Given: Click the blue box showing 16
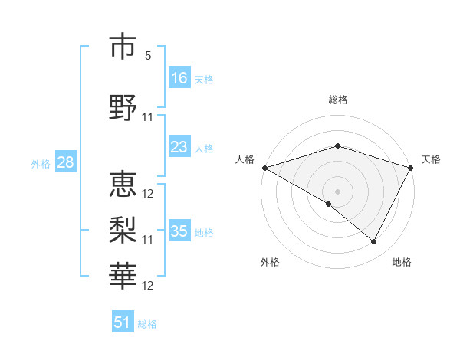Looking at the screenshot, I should point(179,78).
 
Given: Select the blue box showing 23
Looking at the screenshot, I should point(179,147).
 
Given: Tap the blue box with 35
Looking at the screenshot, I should point(179,231).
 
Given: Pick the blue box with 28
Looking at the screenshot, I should point(65,162).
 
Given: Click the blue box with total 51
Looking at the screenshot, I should point(123,322).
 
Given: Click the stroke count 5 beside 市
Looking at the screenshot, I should point(149,56).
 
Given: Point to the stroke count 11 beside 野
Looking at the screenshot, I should point(149,117).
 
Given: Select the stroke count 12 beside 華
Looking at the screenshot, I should point(149,286).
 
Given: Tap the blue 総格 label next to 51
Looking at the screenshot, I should point(147,324).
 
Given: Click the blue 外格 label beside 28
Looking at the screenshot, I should point(41,163).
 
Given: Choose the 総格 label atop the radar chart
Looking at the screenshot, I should point(338,100).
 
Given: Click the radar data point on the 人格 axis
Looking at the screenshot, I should point(264,168).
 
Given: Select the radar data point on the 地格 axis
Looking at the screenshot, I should point(374,242).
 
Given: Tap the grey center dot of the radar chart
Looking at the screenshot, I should point(338,191).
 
